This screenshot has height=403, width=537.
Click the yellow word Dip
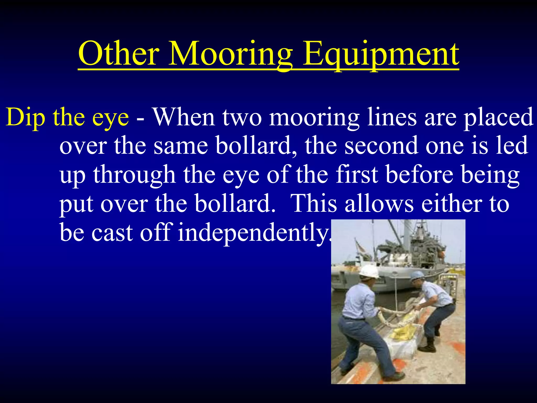pyautogui.click(x=25, y=118)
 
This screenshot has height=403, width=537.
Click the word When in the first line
pyautogui.click(x=184, y=117)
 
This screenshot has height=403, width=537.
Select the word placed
pyautogui.click(x=498, y=118)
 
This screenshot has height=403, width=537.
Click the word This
pyautogui.click(x=314, y=204)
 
